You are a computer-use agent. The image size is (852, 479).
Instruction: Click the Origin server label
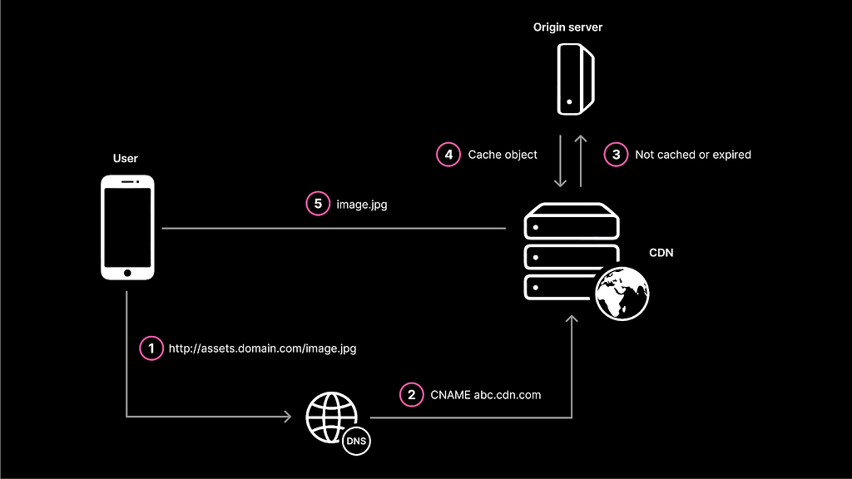coord(567,27)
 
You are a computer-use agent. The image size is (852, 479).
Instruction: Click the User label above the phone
coord(126,159)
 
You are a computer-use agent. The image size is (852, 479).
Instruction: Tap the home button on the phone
coord(127,273)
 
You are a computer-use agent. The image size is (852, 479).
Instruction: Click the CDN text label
coord(661,253)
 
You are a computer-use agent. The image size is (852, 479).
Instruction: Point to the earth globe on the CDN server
coord(622,294)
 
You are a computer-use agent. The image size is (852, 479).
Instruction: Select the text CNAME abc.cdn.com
coord(486,395)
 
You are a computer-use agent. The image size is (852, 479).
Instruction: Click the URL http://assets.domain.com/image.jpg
coord(262,348)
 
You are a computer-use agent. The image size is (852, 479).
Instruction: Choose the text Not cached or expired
coord(693,155)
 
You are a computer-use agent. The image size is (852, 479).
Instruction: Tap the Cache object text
coord(503,155)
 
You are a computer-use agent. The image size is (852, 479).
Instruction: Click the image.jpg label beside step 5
coord(362,205)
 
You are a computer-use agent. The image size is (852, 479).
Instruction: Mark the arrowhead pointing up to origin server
coord(581,139)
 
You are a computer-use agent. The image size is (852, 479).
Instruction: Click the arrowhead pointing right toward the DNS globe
coord(288,417)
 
